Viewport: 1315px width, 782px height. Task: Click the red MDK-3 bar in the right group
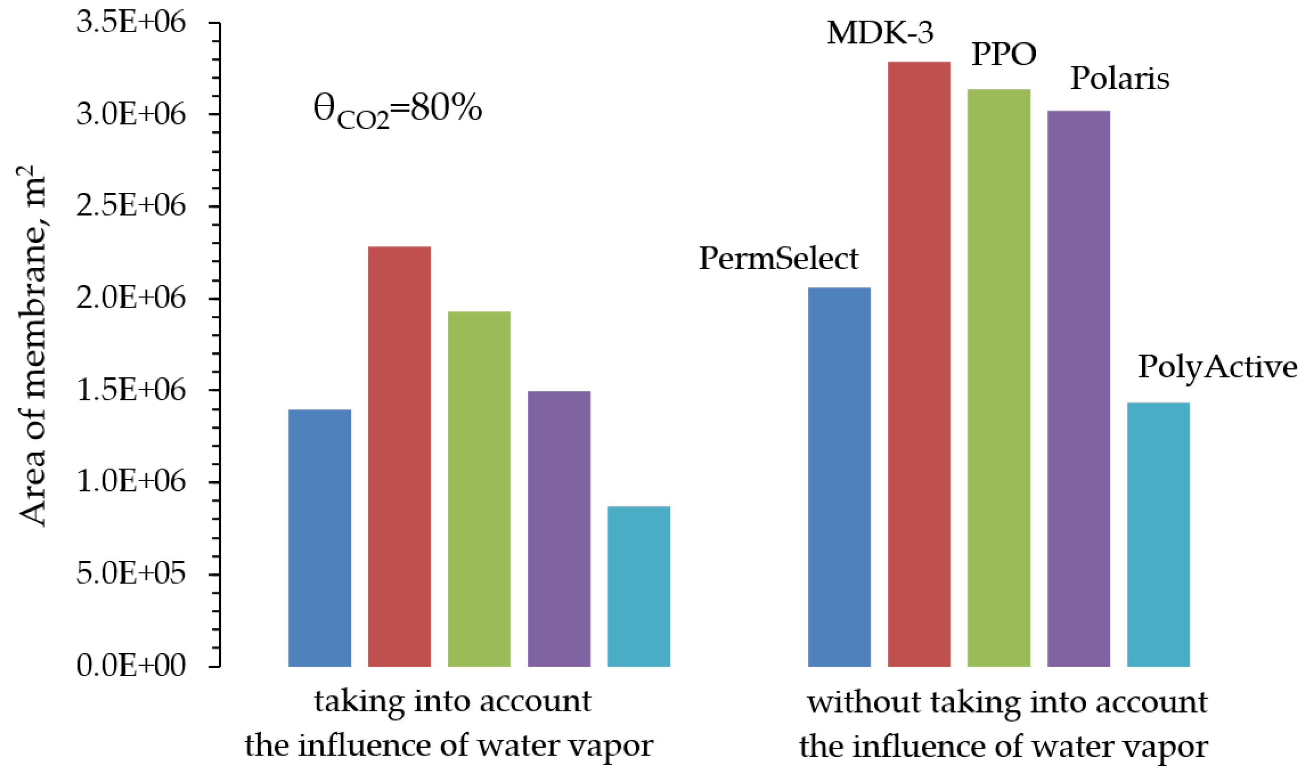(x=918, y=363)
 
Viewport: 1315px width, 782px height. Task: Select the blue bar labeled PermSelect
(x=839, y=477)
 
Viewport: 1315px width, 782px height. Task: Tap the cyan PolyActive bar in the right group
(x=1158, y=534)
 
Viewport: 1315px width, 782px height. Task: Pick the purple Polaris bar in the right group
(x=1078, y=388)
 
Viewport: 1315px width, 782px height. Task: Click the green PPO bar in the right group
(x=998, y=377)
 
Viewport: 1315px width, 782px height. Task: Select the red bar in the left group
(x=399, y=456)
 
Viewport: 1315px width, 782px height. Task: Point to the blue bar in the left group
(x=319, y=537)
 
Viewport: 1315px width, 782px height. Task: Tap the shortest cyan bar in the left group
(x=639, y=586)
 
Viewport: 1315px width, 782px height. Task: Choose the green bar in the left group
(x=479, y=489)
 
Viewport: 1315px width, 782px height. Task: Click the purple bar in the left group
(x=558, y=529)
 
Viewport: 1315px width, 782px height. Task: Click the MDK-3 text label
(x=879, y=33)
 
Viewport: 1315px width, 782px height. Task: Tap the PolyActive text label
(x=1217, y=367)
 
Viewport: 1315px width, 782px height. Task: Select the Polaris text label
(x=1119, y=78)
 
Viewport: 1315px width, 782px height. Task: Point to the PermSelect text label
(x=778, y=259)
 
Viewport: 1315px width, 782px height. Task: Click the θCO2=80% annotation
(x=398, y=110)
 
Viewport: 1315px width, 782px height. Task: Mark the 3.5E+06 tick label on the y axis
(x=131, y=23)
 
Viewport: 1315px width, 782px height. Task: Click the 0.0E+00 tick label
(x=131, y=666)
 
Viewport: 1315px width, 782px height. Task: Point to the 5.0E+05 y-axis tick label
(x=131, y=573)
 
